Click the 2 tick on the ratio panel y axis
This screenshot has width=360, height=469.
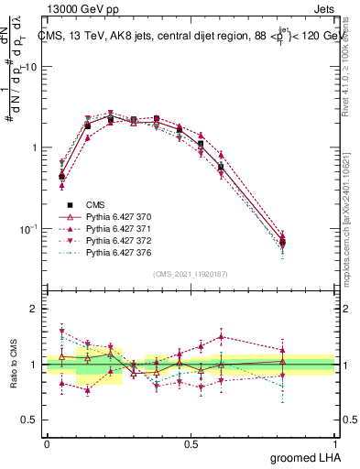click(x=33, y=309)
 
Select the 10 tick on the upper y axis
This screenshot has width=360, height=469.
click(x=29, y=68)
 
